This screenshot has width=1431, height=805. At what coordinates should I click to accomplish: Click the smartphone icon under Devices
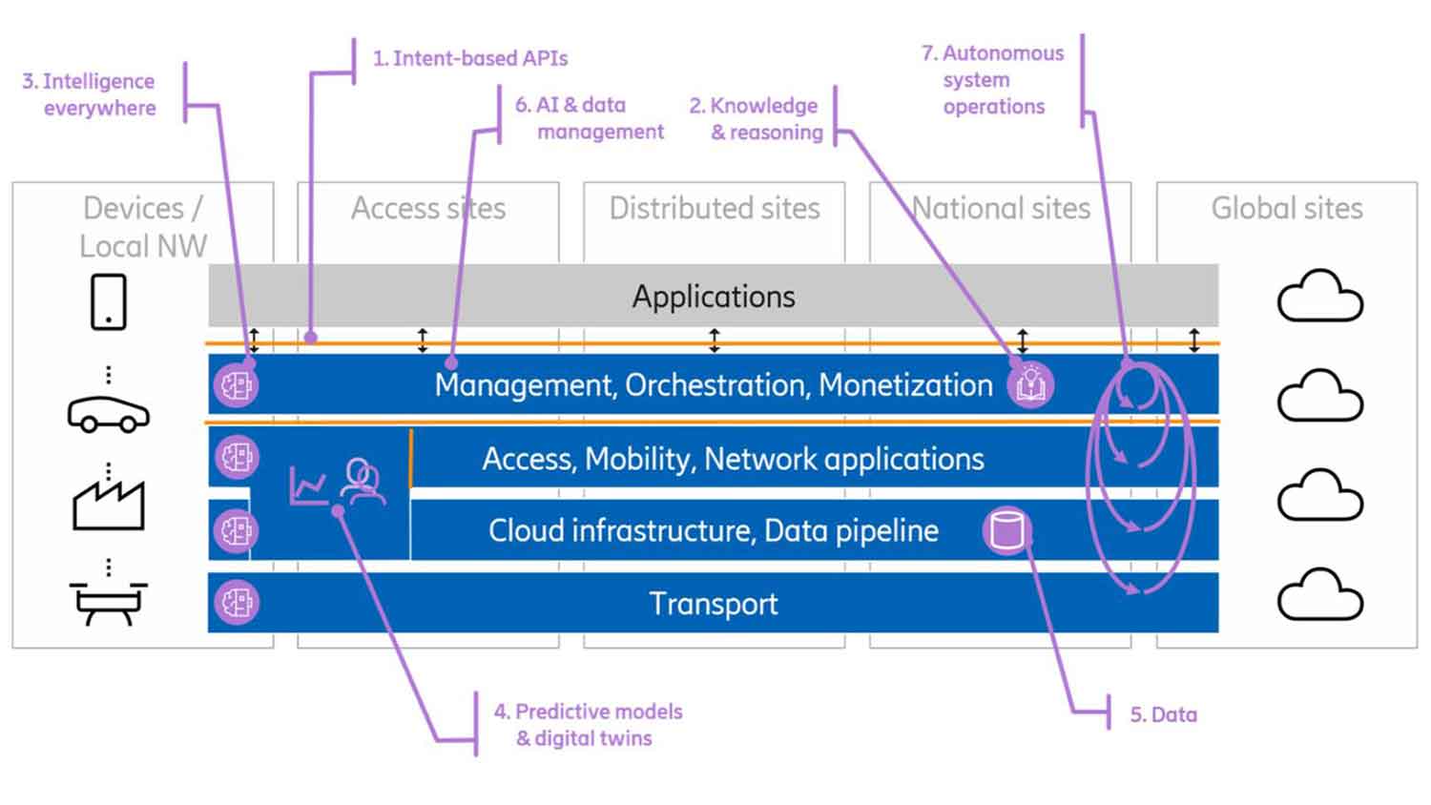coord(109,302)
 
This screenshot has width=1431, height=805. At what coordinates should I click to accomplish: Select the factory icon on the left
coord(109,504)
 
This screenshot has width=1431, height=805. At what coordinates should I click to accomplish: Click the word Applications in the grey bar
coord(714,297)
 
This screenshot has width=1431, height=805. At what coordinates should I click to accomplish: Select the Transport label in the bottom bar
coord(714,604)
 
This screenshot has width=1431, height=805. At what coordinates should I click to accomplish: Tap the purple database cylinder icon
coord(1006,530)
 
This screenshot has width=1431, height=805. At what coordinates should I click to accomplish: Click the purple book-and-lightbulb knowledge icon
coord(1030,384)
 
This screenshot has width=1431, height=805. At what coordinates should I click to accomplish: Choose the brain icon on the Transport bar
coord(236,603)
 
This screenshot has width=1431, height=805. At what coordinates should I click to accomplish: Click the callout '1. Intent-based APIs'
coord(470,59)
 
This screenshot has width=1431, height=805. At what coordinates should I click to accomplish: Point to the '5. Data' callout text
coord(1163,714)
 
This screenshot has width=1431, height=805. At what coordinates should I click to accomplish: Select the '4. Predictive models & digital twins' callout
coord(588,725)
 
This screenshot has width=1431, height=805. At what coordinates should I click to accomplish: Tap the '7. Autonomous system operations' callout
coord(993,80)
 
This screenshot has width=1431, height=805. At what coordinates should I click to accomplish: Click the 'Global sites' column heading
coord(1287,208)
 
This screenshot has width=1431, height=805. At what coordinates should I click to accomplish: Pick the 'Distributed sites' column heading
coord(715,208)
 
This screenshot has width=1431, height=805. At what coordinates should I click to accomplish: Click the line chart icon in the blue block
coord(308,485)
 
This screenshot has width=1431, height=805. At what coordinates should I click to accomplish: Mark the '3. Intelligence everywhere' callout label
coord(90,94)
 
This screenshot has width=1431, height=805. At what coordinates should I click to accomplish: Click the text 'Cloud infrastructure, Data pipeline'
coord(714,530)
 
